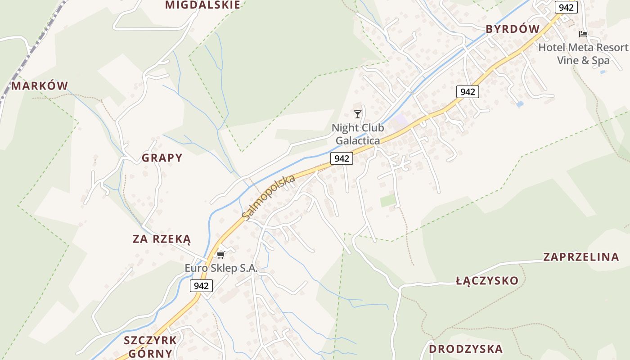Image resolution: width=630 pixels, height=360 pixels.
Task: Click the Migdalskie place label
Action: pyautogui.click(x=202, y=5)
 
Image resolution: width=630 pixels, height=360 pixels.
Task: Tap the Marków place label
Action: pyautogui.click(x=40, y=85)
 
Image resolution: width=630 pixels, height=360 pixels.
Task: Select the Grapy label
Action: pyautogui.click(x=162, y=158)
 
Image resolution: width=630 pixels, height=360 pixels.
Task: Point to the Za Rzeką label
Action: pyautogui.click(x=162, y=239)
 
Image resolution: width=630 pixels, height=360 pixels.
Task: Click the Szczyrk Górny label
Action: pyautogui.click(x=150, y=346)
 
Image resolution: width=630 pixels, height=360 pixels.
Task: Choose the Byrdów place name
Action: pyautogui.click(x=512, y=29)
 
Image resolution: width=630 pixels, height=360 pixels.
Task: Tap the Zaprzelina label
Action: pyautogui.click(x=581, y=257)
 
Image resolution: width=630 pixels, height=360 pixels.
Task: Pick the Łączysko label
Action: pyautogui.click(x=487, y=281)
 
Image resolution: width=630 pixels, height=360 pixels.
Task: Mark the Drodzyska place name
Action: pyautogui.click(x=465, y=349)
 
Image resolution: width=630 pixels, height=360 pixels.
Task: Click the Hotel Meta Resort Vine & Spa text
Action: pyautogui.click(x=583, y=54)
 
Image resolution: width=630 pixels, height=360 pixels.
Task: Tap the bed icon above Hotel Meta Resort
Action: pyautogui.click(x=583, y=34)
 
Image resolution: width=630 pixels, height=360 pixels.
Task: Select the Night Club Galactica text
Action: pyautogui.click(x=358, y=134)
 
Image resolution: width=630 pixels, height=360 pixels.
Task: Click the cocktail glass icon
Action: pyautogui.click(x=358, y=114)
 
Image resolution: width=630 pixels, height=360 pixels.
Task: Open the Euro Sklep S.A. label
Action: pyautogui.click(x=221, y=268)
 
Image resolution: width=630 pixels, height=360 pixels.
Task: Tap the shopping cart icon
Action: pyautogui.click(x=220, y=255)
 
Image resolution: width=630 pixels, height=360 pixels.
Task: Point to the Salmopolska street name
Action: pyautogui.click(x=268, y=198)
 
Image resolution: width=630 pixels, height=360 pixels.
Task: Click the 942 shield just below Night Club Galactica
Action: pyautogui.click(x=342, y=158)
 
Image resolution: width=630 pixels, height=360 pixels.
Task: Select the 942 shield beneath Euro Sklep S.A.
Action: pyautogui.click(x=201, y=286)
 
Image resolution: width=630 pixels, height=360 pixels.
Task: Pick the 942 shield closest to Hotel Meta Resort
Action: pyautogui.click(x=566, y=7)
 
